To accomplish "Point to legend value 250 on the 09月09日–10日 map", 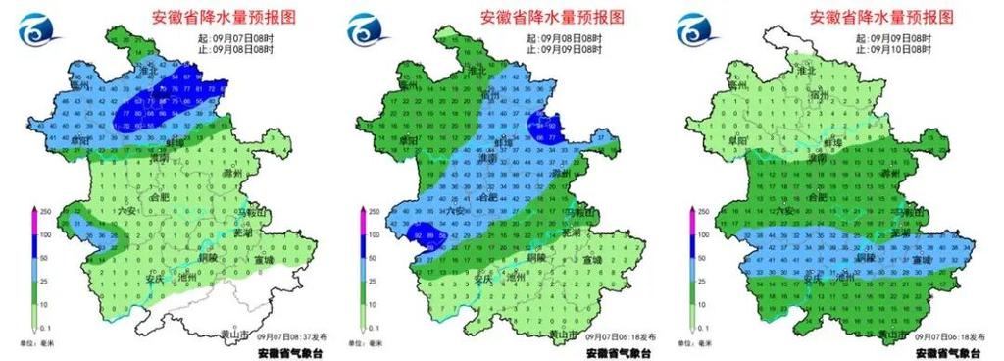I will [704, 211].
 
